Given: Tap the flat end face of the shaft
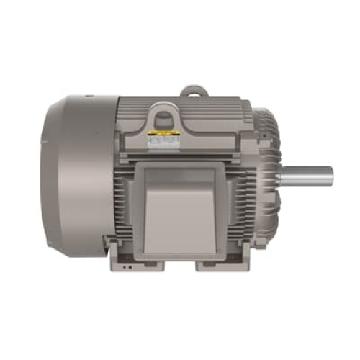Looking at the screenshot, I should coord(330,176).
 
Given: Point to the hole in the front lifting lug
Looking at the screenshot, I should coord(162,112).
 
